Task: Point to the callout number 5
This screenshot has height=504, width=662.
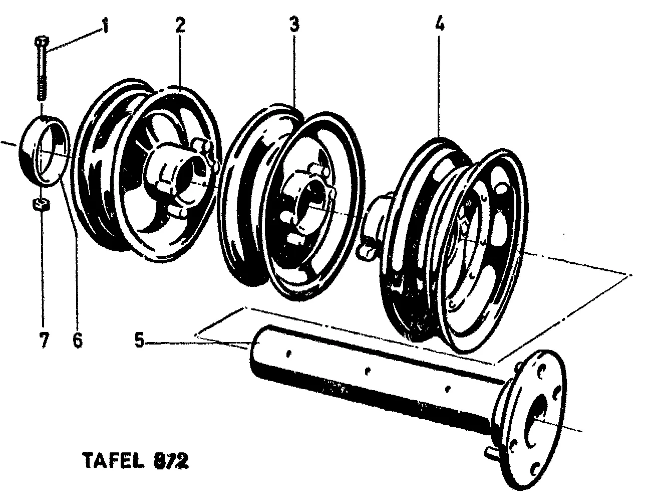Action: (x=140, y=343)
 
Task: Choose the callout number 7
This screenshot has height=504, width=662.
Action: (x=44, y=341)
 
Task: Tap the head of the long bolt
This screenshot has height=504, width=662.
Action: (x=41, y=41)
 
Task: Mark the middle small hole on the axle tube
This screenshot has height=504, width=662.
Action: (x=368, y=372)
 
